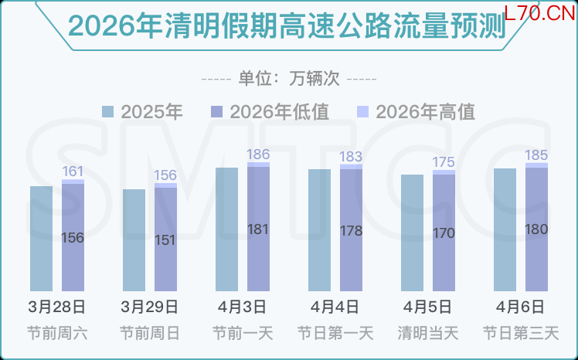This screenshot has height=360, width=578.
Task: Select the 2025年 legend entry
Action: (x=143, y=112)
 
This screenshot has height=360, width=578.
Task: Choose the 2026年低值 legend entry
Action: (x=270, y=112)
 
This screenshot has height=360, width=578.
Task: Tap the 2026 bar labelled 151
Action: (x=165, y=239)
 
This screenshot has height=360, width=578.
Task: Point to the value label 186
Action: (x=258, y=155)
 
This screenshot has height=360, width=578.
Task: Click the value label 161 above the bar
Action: (x=73, y=171)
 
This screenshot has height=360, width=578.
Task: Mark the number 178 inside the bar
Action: (x=351, y=230)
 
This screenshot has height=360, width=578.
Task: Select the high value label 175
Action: (x=444, y=162)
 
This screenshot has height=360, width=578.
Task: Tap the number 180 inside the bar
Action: (x=536, y=229)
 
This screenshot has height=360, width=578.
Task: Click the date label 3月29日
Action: (x=150, y=307)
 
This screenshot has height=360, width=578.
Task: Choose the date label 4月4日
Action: (x=335, y=307)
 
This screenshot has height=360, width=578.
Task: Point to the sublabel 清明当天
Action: (x=428, y=334)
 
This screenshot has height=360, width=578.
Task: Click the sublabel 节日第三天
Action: (x=521, y=334)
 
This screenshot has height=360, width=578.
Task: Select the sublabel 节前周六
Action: (x=57, y=334)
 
